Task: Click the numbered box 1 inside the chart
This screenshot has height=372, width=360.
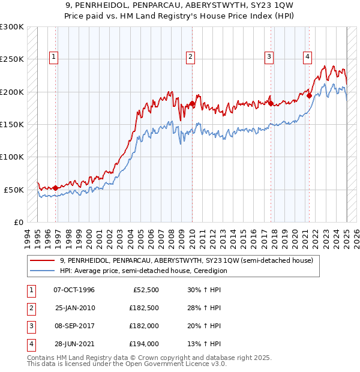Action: [53, 57]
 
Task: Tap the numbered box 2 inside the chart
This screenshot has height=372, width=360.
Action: [190, 57]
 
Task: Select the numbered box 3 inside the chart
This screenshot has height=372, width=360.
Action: [269, 57]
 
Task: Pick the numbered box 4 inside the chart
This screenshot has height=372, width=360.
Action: [307, 57]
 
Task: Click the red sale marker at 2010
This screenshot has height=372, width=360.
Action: [193, 103]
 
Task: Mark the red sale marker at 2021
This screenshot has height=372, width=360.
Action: [310, 95]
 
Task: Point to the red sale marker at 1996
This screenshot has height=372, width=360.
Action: [56, 188]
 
